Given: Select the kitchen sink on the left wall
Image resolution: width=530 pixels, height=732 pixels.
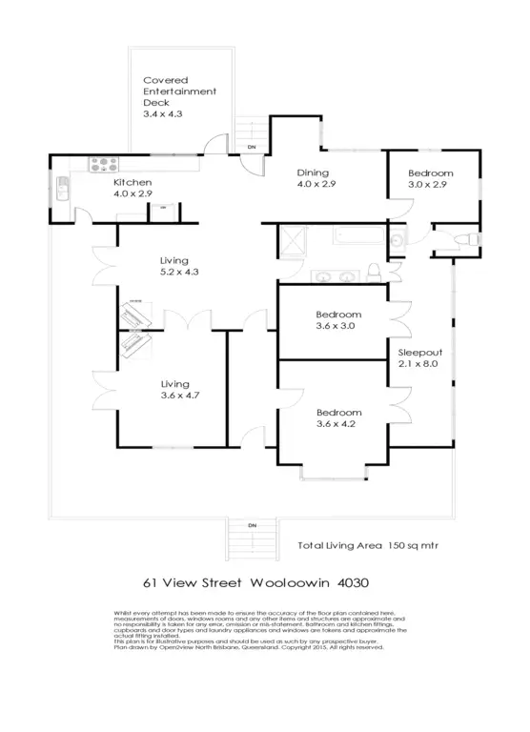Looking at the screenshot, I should pos(60,188).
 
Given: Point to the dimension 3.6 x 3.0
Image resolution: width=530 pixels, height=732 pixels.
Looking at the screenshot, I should pos(337,326).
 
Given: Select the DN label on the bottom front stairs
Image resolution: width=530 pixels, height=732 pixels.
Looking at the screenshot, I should pos(253,525).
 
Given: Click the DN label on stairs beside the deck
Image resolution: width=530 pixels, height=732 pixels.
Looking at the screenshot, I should pos(252,147).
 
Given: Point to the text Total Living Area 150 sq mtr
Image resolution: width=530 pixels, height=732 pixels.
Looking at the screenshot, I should pos(368,546).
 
